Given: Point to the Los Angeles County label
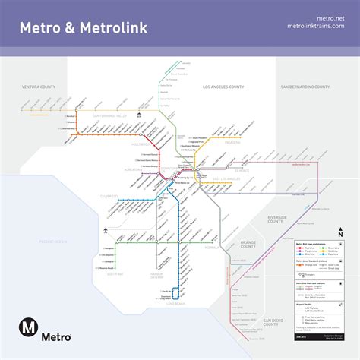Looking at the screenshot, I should click(227, 87).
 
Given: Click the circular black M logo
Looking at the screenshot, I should click(30, 328).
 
